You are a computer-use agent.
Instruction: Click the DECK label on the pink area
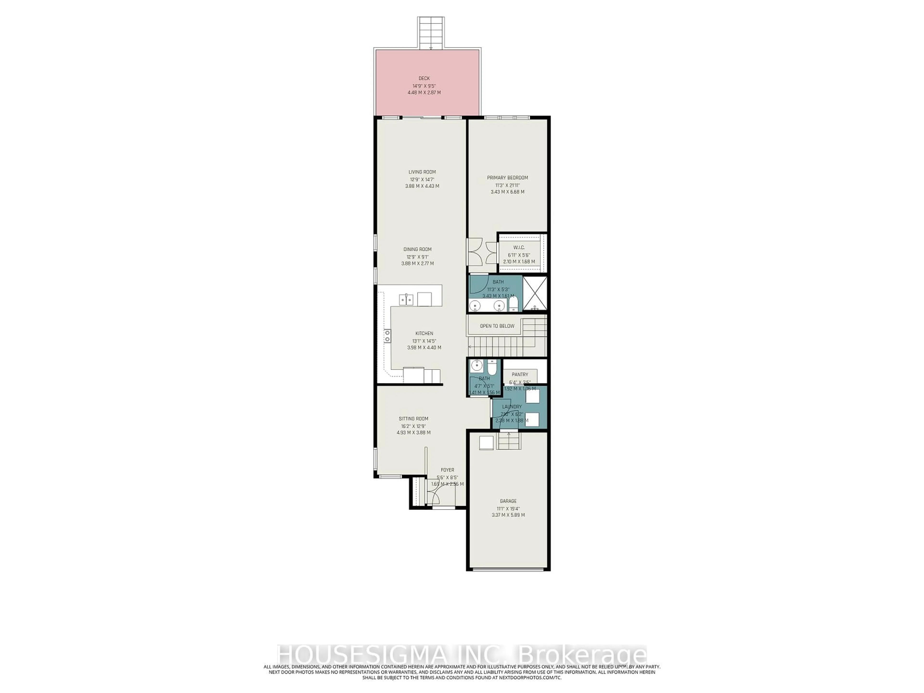click(x=424, y=78)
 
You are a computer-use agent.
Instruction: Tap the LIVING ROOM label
click(x=422, y=172)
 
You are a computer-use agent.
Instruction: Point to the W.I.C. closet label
click(x=519, y=247)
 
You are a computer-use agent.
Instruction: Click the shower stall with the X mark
click(x=535, y=293)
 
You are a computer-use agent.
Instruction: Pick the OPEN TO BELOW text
click(x=497, y=326)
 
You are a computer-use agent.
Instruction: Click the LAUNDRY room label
click(x=512, y=406)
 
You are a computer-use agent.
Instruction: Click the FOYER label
click(x=447, y=470)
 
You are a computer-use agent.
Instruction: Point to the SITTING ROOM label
click(x=413, y=418)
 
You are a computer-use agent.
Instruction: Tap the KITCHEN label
click(x=424, y=333)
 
